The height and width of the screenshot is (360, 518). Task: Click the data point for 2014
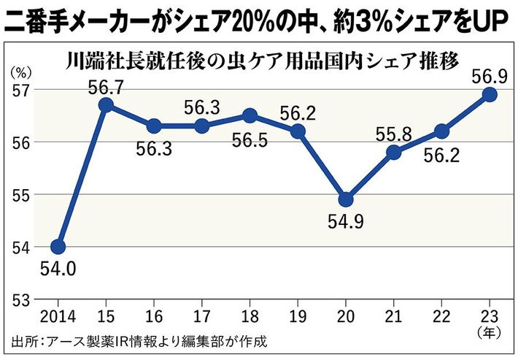(58, 247)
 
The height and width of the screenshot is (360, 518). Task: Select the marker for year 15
(106, 105)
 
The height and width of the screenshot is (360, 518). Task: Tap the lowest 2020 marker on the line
(346, 199)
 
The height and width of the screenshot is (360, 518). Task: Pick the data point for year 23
(490, 94)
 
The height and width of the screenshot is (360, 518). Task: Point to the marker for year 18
(250, 115)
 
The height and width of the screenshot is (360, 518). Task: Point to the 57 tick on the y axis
(20, 90)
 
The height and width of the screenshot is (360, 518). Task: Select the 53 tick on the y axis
(20, 299)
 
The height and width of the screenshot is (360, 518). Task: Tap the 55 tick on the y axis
(20, 195)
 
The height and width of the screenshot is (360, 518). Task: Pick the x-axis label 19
(298, 315)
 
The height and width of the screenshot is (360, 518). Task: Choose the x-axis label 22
(442, 315)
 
